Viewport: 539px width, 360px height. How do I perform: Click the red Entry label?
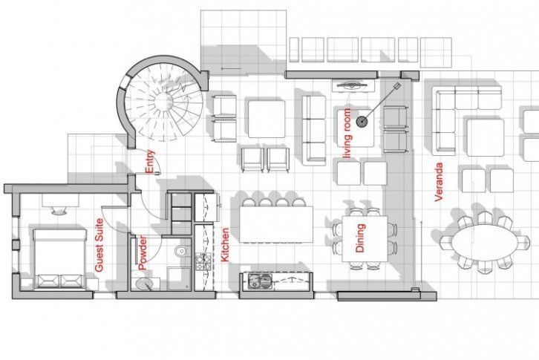click(150, 161)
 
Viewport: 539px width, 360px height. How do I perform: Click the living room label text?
click(345, 133)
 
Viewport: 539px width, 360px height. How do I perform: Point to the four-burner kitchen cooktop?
click(203, 261)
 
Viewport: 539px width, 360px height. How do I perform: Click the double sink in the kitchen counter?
click(261, 281)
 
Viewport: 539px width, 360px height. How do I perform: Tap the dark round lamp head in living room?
click(362, 121)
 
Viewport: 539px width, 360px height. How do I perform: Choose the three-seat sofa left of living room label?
click(313, 126)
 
